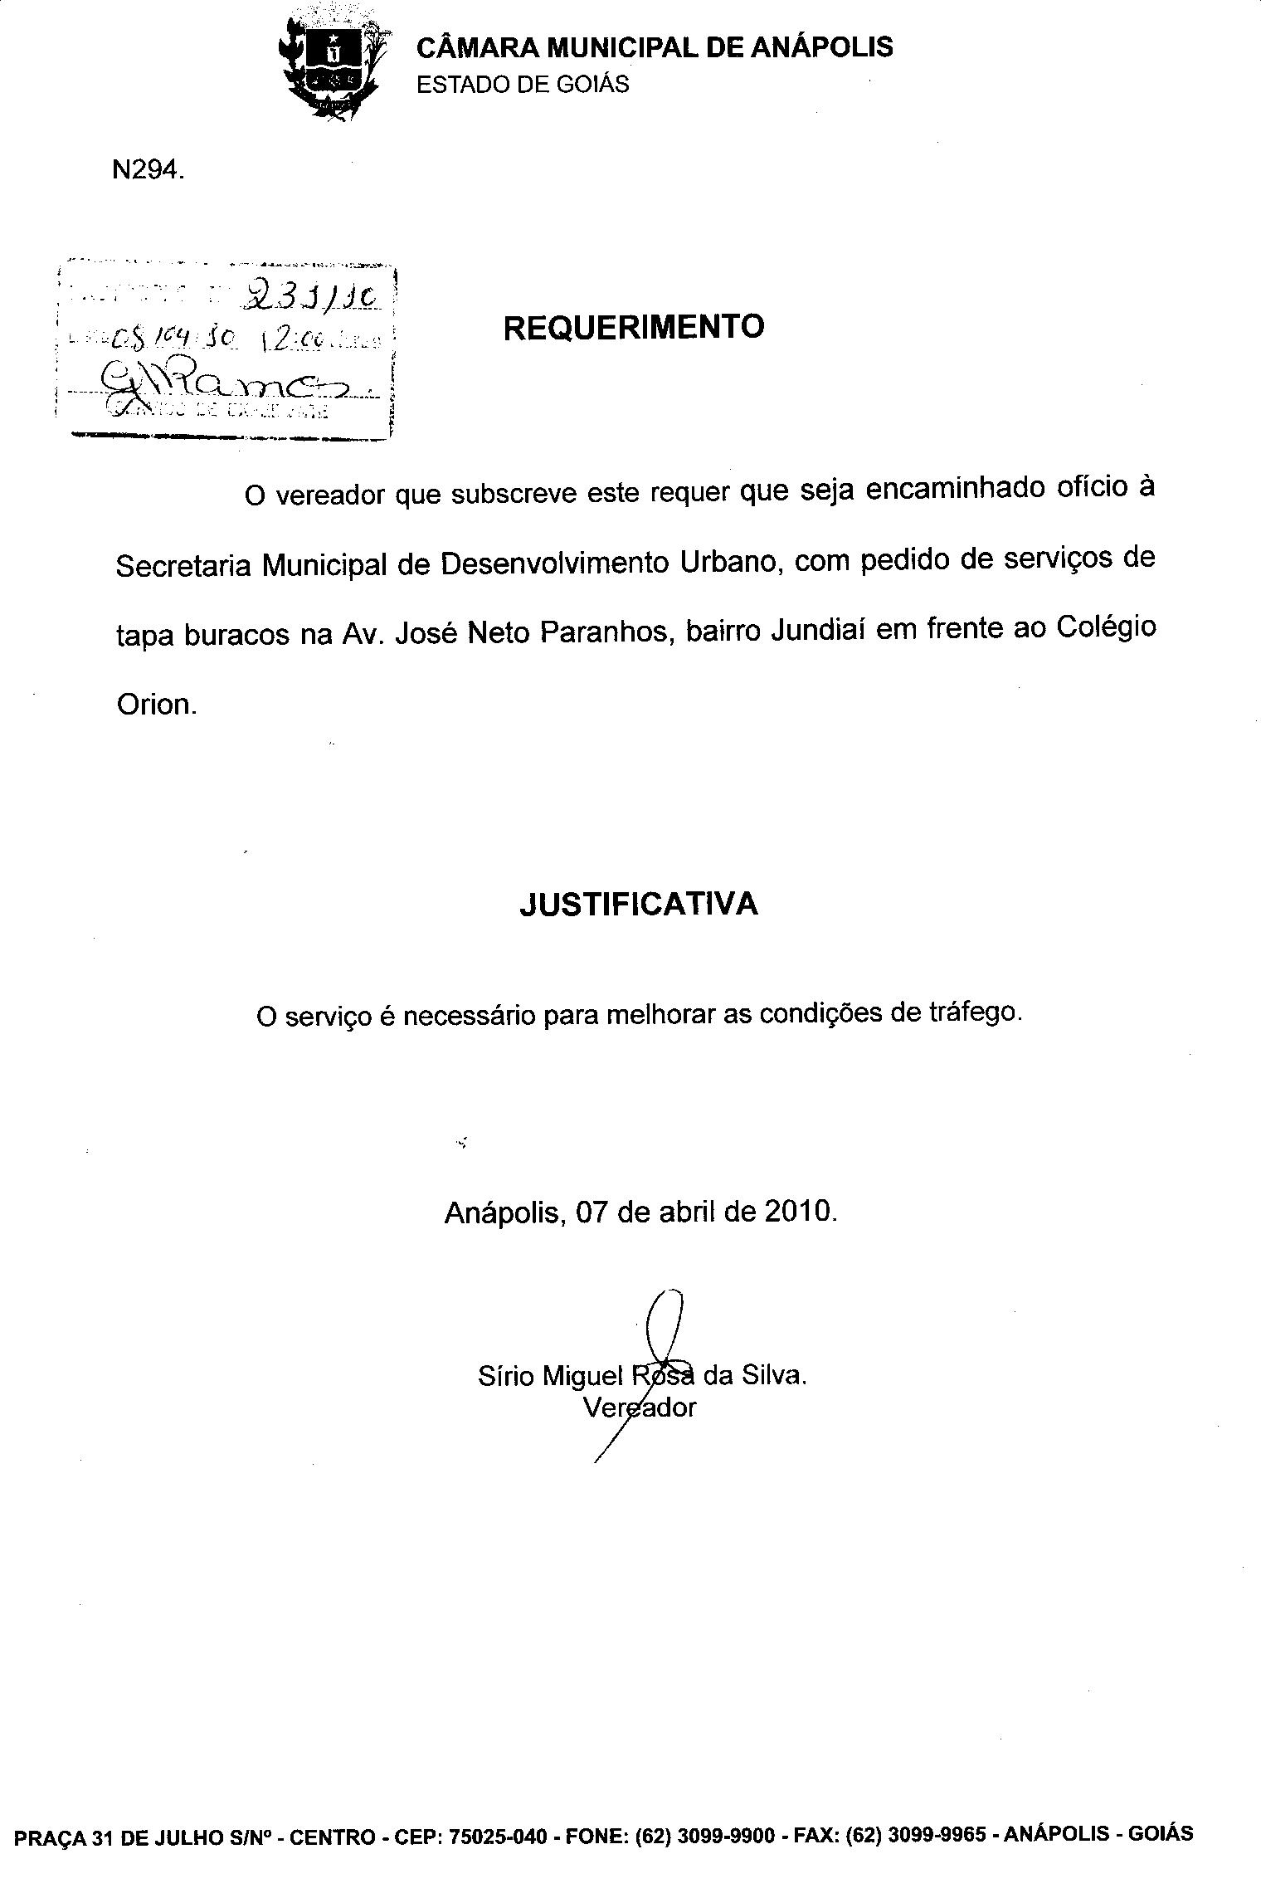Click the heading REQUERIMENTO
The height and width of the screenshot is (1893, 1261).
(x=634, y=327)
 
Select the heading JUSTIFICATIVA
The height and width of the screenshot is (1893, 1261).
(x=639, y=904)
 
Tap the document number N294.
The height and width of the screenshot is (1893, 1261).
(x=146, y=170)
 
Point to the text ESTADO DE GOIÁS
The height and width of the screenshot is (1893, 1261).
(x=523, y=85)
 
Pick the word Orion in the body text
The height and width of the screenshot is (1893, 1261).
(x=155, y=705)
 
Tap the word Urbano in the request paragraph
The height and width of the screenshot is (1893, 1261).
(x=729, y=563)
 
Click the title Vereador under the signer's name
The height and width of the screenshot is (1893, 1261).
(x=639, y=1408)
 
